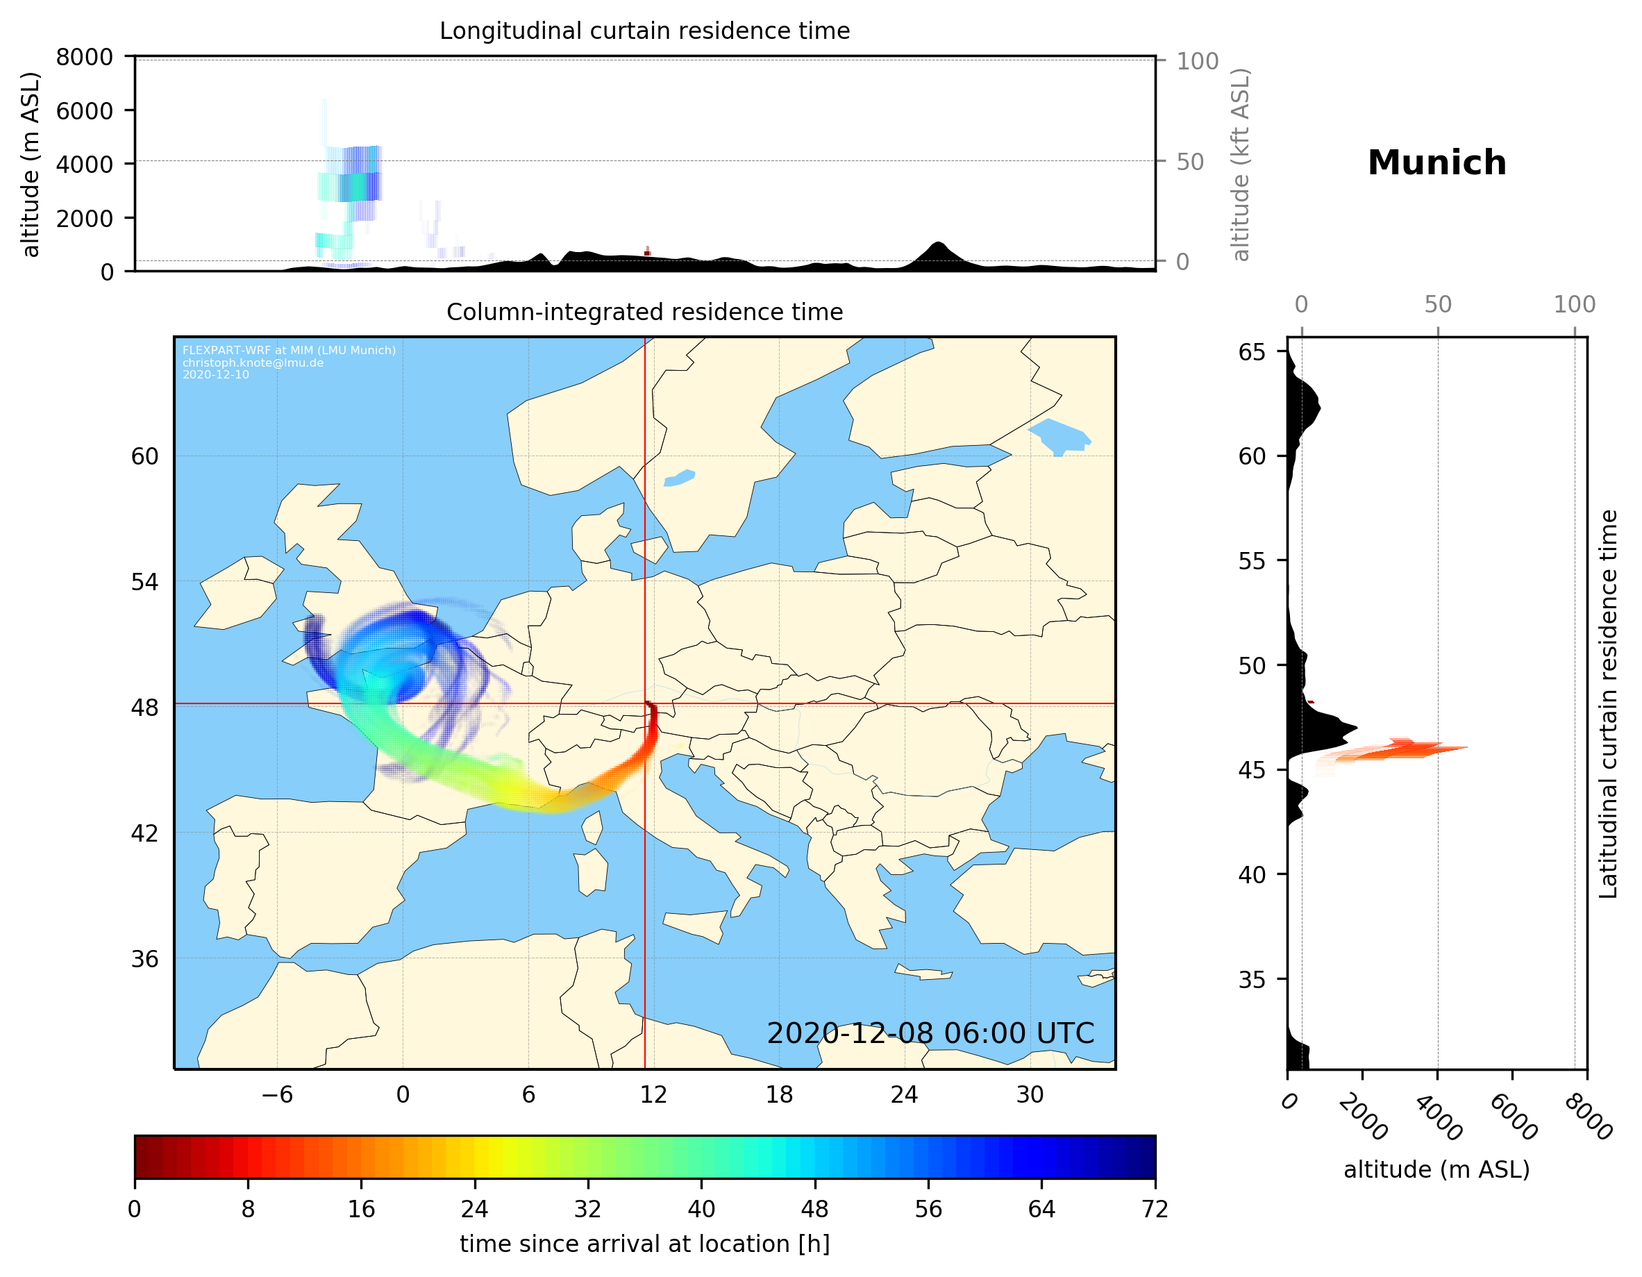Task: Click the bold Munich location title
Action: (x=1436, y=163)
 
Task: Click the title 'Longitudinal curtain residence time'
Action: (x=644, y=31)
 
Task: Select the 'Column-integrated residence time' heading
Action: (x=644, y=312)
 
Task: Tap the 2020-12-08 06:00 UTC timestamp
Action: (x=930, y=1033)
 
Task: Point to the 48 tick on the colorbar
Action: (x=815, y=1208)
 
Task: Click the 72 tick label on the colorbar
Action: (x=1155, y=1208)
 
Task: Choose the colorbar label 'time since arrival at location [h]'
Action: (x=644, y=1244)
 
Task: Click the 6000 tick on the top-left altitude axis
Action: (x=84, y=110)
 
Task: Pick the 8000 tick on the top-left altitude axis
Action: (x=84, y=57)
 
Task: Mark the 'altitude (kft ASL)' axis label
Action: (x=1241, y=165)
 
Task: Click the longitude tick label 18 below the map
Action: (x=779, y=1094)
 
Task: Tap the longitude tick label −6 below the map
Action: (x=276, y=1094)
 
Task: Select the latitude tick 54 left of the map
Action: (x=144, y=581)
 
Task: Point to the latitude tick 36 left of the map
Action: (x=144, y=959)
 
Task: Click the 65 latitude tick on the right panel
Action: (x=1252, y=352)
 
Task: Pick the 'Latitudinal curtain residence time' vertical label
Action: (x=1607, y=703)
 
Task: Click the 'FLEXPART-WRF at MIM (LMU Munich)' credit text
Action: (x=289, y=351)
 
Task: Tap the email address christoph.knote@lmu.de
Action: (x=253, y=362)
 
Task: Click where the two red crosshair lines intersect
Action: (x=645, y=704)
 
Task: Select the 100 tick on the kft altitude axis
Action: (x=1197, y=61)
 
